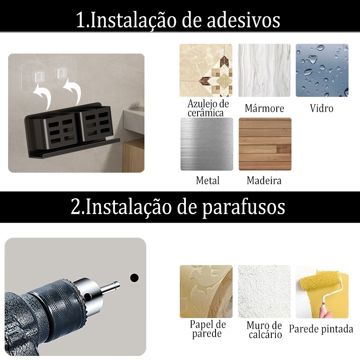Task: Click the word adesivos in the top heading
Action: (x=243, y=20)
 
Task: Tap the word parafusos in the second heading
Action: (x=243, y=207)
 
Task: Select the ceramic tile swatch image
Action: (x=206, y=70)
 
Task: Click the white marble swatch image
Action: (x=264, y=70)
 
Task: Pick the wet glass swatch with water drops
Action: (x=322, y=70)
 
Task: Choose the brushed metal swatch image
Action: (x=207, y=144)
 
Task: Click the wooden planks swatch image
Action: (x=265, y=144)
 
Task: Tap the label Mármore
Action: (x=264, y=108)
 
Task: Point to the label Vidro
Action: (x=321, y=108)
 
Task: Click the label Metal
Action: (x=208, y=180)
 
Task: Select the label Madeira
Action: (x=264, y=180)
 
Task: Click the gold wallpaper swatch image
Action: (x=206, y=292)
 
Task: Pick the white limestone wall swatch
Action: (x=264, y=292)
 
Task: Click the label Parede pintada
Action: (x=321, y=329)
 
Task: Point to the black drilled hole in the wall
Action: (x=134, y=278)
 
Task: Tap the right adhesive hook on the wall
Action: (x=61, y=73)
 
